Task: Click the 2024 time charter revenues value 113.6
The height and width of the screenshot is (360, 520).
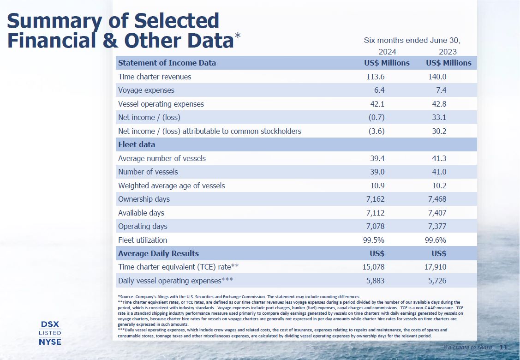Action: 375,77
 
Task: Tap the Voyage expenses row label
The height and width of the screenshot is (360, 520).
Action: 146,90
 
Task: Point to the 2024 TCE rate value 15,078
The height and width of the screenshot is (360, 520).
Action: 371,267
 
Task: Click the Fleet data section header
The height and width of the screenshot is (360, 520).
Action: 137,144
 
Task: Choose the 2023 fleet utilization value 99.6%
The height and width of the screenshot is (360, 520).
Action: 435,240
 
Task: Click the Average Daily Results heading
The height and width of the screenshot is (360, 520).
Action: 158,253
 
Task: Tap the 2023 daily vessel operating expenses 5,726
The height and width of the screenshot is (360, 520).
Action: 435,281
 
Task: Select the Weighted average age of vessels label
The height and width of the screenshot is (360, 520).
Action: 172,186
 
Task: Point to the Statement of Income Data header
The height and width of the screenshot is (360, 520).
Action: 167,63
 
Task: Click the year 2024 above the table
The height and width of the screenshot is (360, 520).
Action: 387,52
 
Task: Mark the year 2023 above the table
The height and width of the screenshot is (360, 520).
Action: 448,52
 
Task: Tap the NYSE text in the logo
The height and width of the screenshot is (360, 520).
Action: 49,342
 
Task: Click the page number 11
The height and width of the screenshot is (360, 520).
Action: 503,347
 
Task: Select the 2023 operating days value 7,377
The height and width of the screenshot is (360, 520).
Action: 435,226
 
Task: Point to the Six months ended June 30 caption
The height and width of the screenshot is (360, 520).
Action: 412,40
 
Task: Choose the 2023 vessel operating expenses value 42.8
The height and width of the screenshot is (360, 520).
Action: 438,104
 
